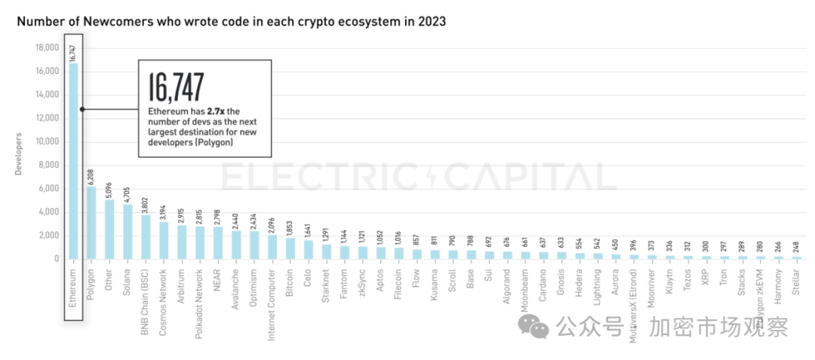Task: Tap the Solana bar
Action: coord(128,232)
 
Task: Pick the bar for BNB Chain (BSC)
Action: coord(146,237)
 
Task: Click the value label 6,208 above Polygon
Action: coord(91,176)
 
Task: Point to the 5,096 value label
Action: coord(109,189)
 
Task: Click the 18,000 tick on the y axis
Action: coord(47,48)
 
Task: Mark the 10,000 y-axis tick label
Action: coord(47,141)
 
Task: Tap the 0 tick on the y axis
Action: coord(55,259)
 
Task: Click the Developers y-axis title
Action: coord(18,154)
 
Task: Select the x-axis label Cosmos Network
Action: coord(164,292)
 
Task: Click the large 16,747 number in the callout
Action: coord(176,88)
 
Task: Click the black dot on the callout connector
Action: coord(82,109)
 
